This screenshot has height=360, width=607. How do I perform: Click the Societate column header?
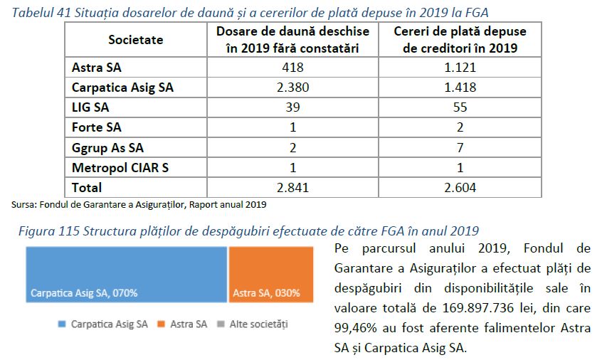click(135, 41)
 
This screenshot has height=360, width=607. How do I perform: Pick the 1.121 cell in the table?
click(460, 68)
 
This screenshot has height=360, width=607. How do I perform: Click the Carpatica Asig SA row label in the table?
click(122, 88)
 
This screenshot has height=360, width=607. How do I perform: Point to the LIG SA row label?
click(90, 108)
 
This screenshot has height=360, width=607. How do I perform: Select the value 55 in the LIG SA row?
click(460, 108)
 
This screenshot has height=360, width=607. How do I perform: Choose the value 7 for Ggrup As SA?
click(460, 148)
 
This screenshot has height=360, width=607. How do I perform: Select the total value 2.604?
click(460, 188)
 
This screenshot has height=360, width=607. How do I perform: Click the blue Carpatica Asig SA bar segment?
click(127, 277)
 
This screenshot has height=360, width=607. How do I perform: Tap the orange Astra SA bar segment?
click(270, 277)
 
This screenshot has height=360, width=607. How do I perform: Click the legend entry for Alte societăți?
click(260, 324)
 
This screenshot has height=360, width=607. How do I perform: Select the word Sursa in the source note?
click(23, 205)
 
